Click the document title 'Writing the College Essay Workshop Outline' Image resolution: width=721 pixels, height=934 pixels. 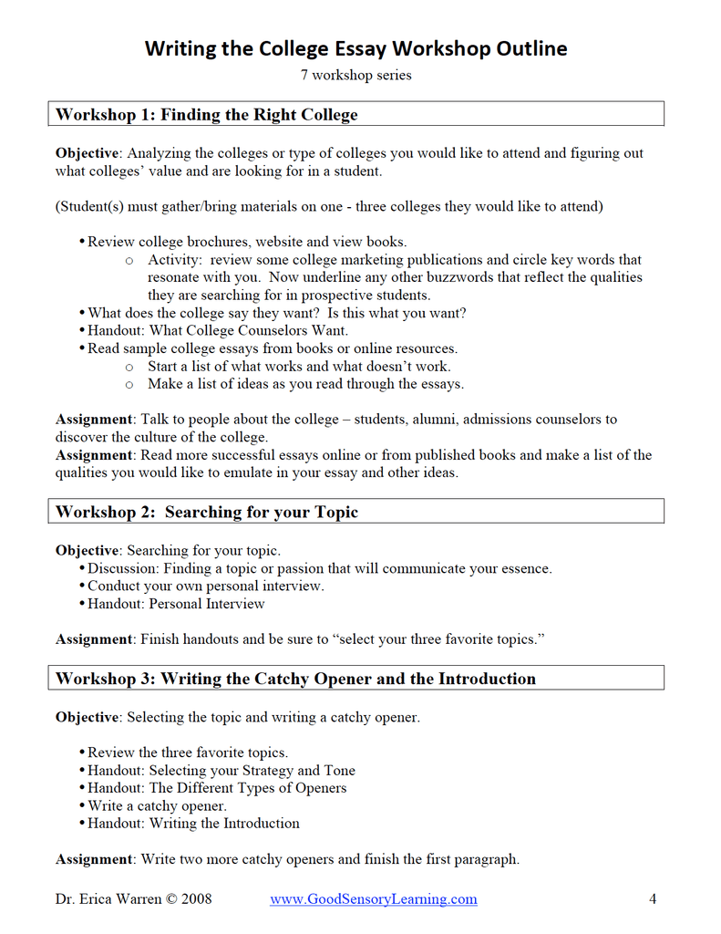[x=355, y=48]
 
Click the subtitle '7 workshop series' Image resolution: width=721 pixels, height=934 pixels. [x=355, y=75]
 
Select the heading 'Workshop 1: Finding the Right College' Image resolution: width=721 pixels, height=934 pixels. [x=207, y=115]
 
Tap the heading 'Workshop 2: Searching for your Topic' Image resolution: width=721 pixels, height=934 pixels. [x=207, y=512]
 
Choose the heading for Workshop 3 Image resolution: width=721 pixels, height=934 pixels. [x=295, y=679]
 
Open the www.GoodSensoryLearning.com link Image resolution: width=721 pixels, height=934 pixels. [x=373, y=899]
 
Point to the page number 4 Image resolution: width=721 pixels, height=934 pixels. [x=653, y=899]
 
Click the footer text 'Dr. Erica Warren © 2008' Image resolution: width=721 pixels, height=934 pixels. [x=133, y=899]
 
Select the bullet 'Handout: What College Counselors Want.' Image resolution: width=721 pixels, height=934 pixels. [x=218, y=331]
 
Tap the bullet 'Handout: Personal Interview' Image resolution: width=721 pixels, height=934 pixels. [x=176, y=604]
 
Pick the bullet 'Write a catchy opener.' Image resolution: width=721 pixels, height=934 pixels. [x=157, y=806]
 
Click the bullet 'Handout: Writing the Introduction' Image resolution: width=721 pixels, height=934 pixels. [x=193, y=824]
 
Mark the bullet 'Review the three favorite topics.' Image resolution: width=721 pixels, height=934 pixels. [x=188, y=753]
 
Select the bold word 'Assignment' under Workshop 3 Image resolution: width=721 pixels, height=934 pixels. [x=94, y=859]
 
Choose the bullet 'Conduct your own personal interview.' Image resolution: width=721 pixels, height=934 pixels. [x=205, y=586]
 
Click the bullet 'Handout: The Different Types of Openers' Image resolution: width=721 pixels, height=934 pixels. [x=217, y=788]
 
